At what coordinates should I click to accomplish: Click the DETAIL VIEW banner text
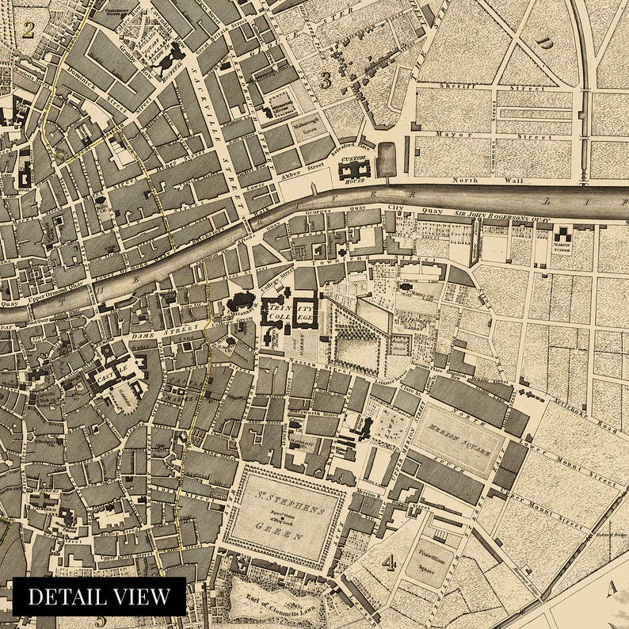pyautogui.click(x=99, y=597)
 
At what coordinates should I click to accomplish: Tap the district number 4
pyautogui.click(x=389, y=562)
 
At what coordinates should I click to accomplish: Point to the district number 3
pyautogui.click(x=325, y=79)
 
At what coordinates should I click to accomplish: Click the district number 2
pyautogui.click(x=29, y=30)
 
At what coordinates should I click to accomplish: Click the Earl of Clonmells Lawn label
pyautogui.click(x=274, y=598)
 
